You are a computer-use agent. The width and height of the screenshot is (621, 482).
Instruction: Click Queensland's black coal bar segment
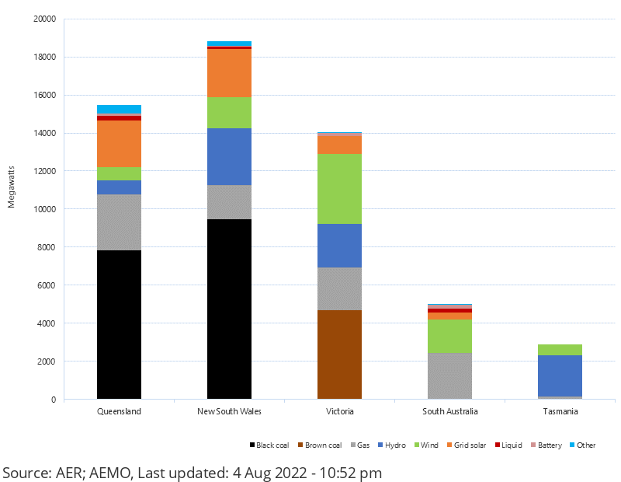[x=119, y=324]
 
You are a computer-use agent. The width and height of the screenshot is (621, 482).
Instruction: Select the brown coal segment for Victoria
[x=339, y=355]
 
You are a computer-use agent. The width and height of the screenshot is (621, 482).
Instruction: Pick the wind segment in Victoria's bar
[x=339, y=189]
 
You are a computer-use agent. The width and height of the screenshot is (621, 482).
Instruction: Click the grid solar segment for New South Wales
[x=229, y=73]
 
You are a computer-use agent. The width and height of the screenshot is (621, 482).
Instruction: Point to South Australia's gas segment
[x=449, y=375]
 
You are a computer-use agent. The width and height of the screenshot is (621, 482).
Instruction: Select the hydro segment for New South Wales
[x=229, y=156]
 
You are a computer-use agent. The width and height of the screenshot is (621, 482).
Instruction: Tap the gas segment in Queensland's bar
[x=119, y=222]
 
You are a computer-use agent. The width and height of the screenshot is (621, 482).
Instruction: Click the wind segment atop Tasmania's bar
[x=560, y=350]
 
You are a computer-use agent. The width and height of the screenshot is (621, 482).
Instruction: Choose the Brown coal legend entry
[x=322, y=445]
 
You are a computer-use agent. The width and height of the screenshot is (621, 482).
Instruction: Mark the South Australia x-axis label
[x=449, y=411]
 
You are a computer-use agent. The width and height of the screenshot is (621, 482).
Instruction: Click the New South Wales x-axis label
[x=229, y=411]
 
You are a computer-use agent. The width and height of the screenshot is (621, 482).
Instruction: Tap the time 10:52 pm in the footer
[x=348, y=473]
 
